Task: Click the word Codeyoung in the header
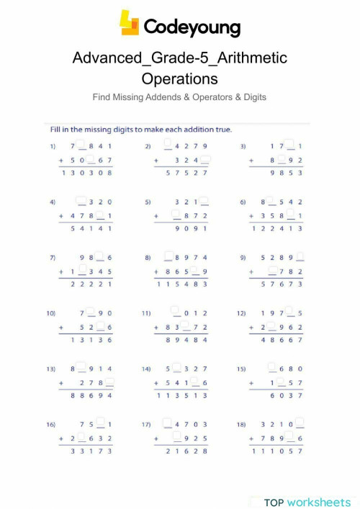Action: tap(192, 27)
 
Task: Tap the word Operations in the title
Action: tap(179, 78)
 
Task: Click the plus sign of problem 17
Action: tap(156, 437)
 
